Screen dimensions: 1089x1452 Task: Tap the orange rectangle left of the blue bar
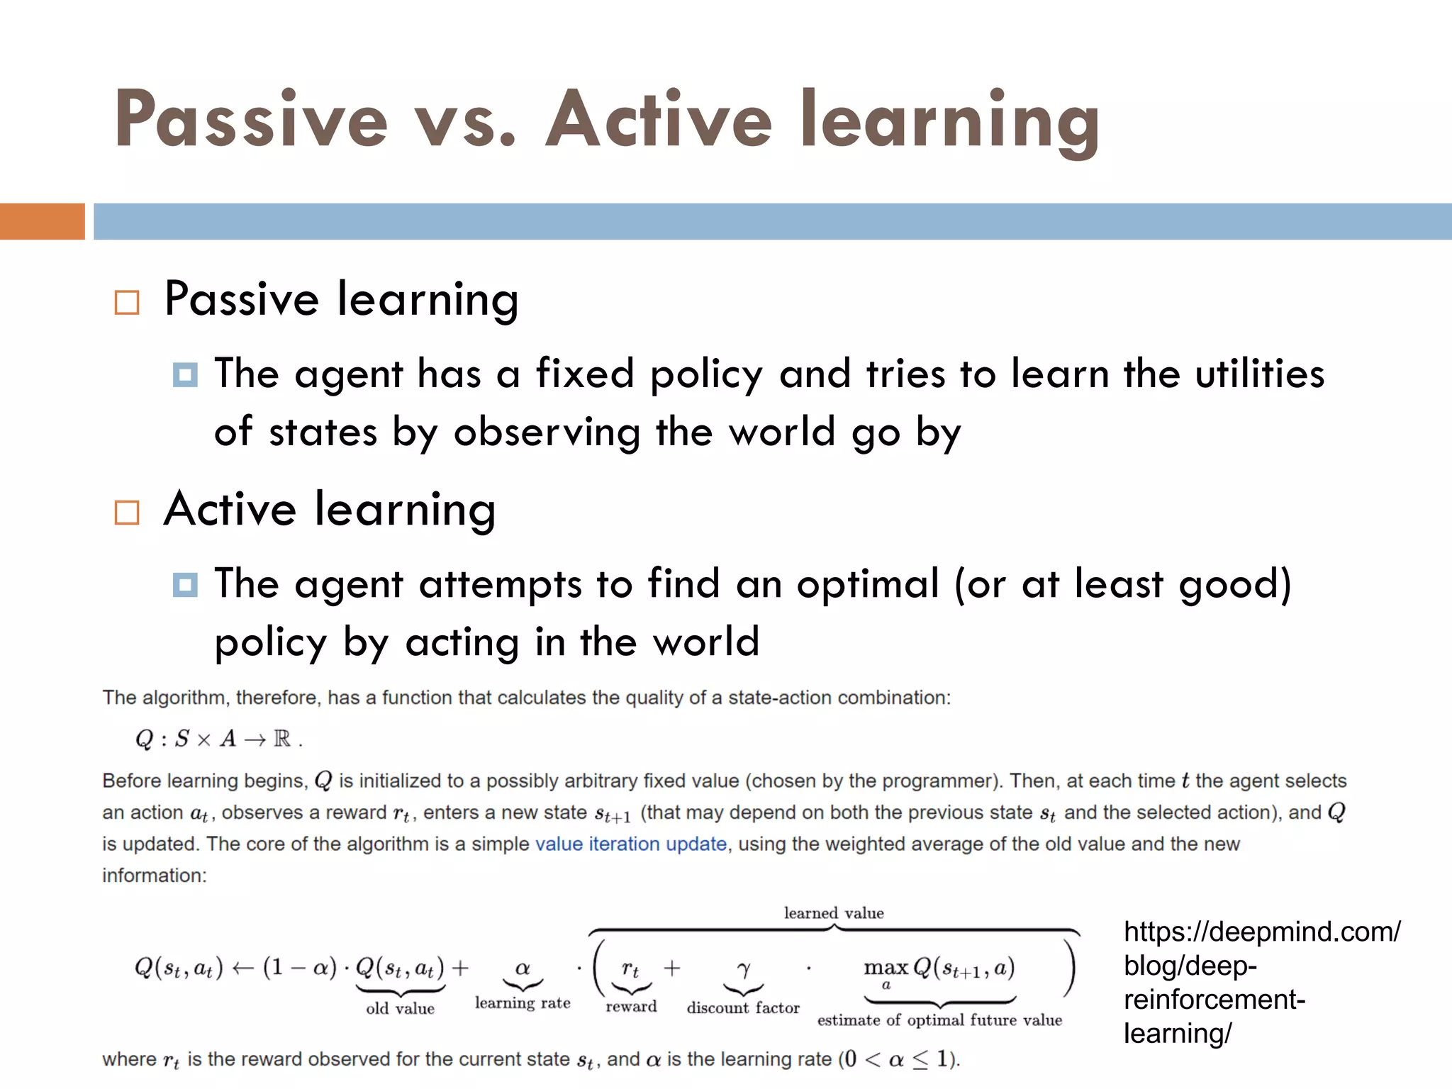[x=42, y=221]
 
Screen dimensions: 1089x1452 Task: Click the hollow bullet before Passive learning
[x=127, y=303]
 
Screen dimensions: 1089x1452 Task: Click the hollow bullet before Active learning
[x=127, y=512]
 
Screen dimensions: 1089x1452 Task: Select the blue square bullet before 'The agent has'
[x=185, y=374]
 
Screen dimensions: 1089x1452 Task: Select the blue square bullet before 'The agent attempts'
[x=185, y=585]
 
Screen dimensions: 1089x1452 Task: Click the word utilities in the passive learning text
[x=1259, y=374]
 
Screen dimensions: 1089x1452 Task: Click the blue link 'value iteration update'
[x=630, y=844]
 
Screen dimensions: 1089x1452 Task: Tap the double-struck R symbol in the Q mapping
[x=282, y=739]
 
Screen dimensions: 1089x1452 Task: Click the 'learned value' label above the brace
[x=834, y=913]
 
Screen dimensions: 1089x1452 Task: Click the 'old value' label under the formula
[x=400, y=1008]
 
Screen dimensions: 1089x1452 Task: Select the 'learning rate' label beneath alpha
[x=523, y=1003]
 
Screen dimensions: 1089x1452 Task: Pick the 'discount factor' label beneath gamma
[x=742, y=1007]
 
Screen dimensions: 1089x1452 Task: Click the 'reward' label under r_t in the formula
[x=631, y=1006]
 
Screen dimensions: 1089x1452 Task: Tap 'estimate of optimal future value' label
[x=939, y=1020]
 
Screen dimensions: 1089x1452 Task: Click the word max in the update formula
[x=886, y=967]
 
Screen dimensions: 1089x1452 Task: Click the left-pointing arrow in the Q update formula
[x=242, y=968]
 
